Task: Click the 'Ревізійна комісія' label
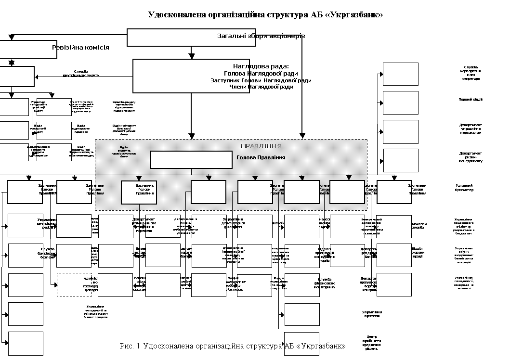[x=80, y=48]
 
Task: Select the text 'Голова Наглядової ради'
[x=261, y=74]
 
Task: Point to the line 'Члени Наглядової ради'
[x=261, y=87]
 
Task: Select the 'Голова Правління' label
[x=261, y=157]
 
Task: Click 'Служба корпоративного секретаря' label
[x=471, y=73]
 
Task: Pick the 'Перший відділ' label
[x=471, y=100]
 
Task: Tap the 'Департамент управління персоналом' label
[x=471, y=129]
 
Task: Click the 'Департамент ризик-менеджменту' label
[x=471, y=157]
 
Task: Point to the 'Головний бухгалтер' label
[x=464, y=187]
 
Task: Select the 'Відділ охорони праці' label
[x=417, y=252]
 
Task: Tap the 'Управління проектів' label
[x=372, y=314]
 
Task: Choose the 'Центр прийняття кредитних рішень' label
[x=372, y=342]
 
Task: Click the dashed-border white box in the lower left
[x=74, y=284]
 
